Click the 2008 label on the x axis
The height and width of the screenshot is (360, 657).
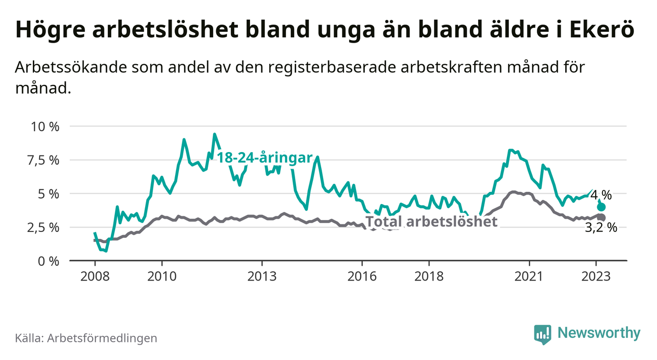tap(94, 276)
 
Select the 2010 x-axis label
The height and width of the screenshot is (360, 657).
tap(161, 276)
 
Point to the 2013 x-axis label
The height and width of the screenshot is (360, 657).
tap(262, 276)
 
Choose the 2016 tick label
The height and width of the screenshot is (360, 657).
tap(362, 276)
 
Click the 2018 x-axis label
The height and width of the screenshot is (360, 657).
tap(429, 276)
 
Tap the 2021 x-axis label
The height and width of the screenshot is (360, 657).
tap(530, 276)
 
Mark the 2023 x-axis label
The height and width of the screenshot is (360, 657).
tap(596, 276)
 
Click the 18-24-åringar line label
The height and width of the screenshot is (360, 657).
tap(265, 158)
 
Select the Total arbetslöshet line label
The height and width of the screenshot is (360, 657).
tap(431, 222)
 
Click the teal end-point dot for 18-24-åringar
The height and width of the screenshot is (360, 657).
tap(601, 207)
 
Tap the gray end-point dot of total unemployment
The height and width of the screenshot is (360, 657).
tap(601, 217)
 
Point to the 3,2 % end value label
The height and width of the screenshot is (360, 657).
tap(601, 228)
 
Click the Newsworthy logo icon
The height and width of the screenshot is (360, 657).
tap(542, 334)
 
